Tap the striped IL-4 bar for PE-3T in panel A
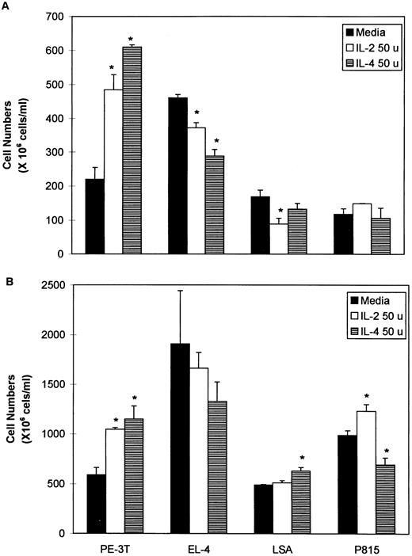click(132, 150)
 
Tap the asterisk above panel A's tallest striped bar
click(132, 40)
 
